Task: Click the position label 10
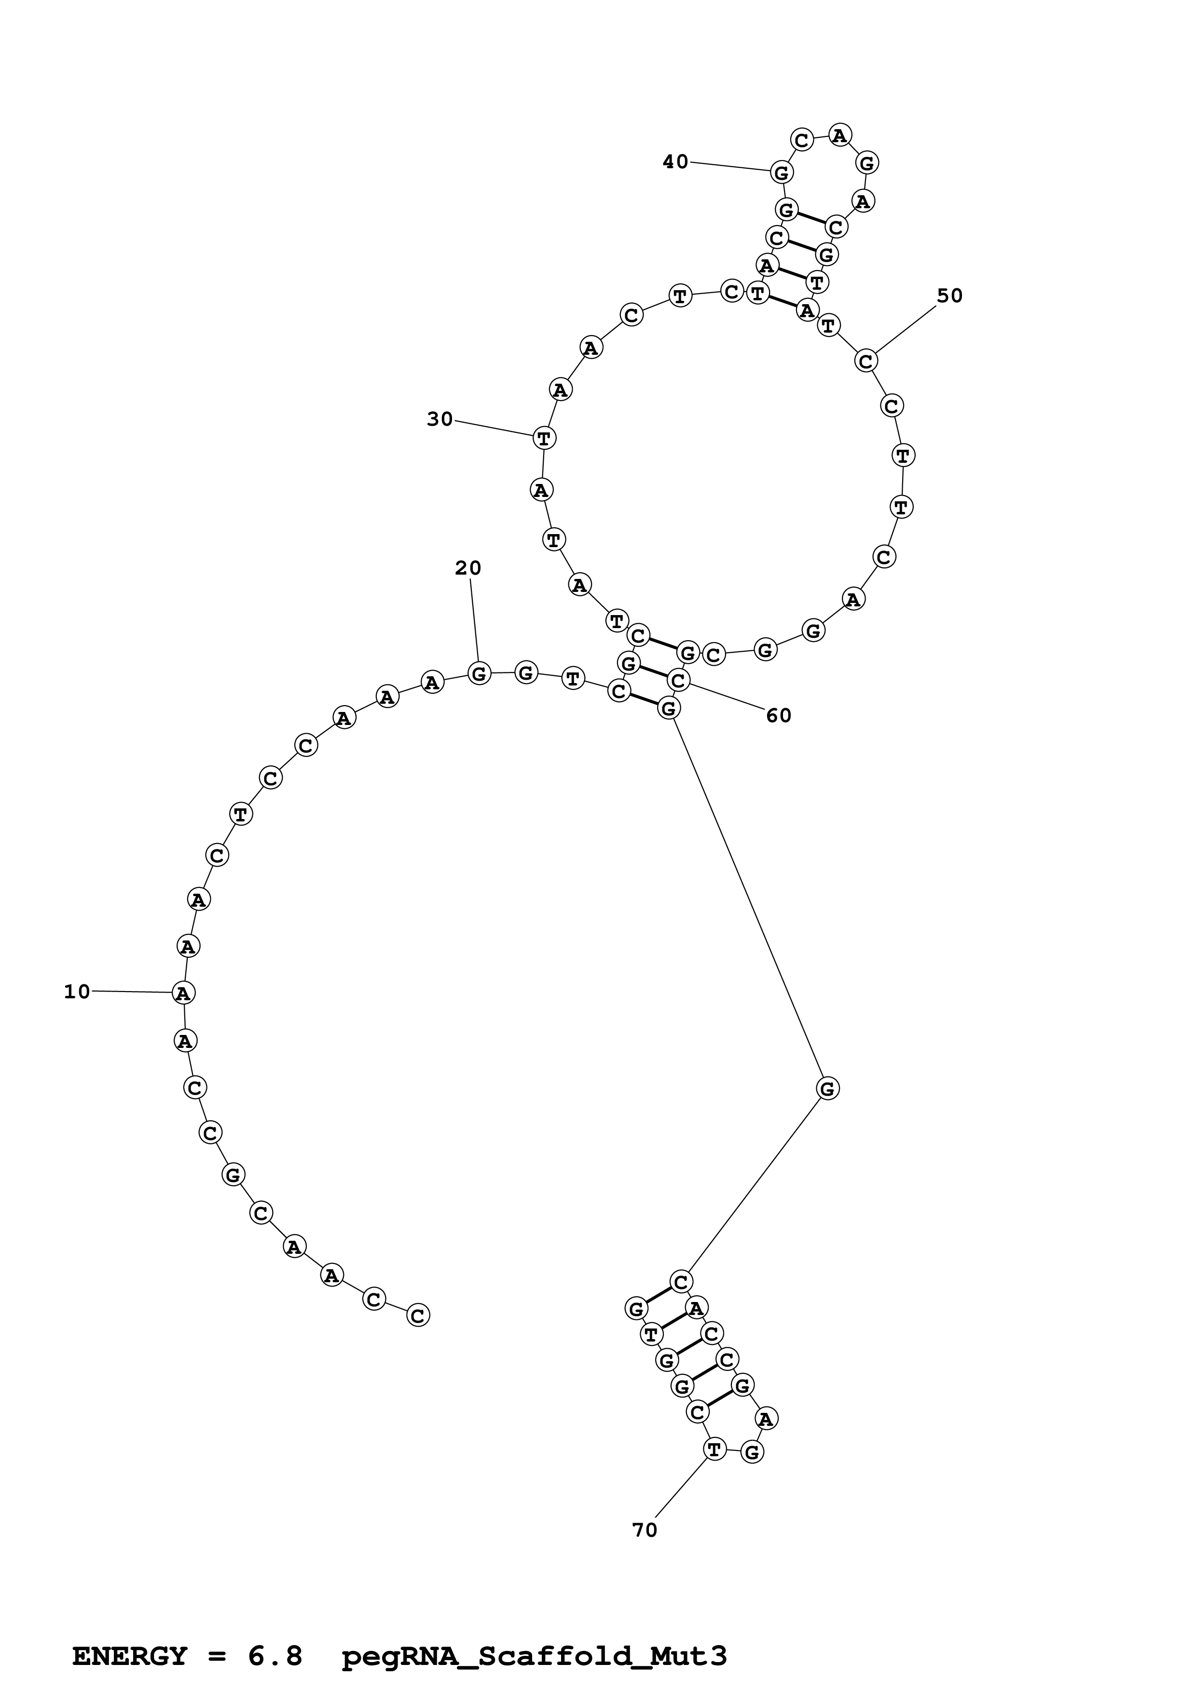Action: pyautogui.click(x=77, y=992)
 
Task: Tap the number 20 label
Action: pyautogui.click(x=468, y=568)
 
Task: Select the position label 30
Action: pyautogui.click(x=440, y=419)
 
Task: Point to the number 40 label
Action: pyautogui.click(x=675, y=161)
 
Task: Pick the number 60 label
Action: pyautogui.click(x=779, y=715)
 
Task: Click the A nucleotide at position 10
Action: pyautogui.click(x=183, y=993)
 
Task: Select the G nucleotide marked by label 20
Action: pyautogui.click(x=479, y=672)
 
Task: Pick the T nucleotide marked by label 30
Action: pyautogui.click(x=544, y=438)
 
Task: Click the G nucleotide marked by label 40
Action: pyautogui.click(x=782, y=173)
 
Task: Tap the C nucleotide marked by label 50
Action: pyautogui.click(x=866, y=361)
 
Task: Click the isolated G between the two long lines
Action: pyautogui.click(x=827, y=1088)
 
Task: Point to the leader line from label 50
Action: pyautogui.click(x=907, y=328)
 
